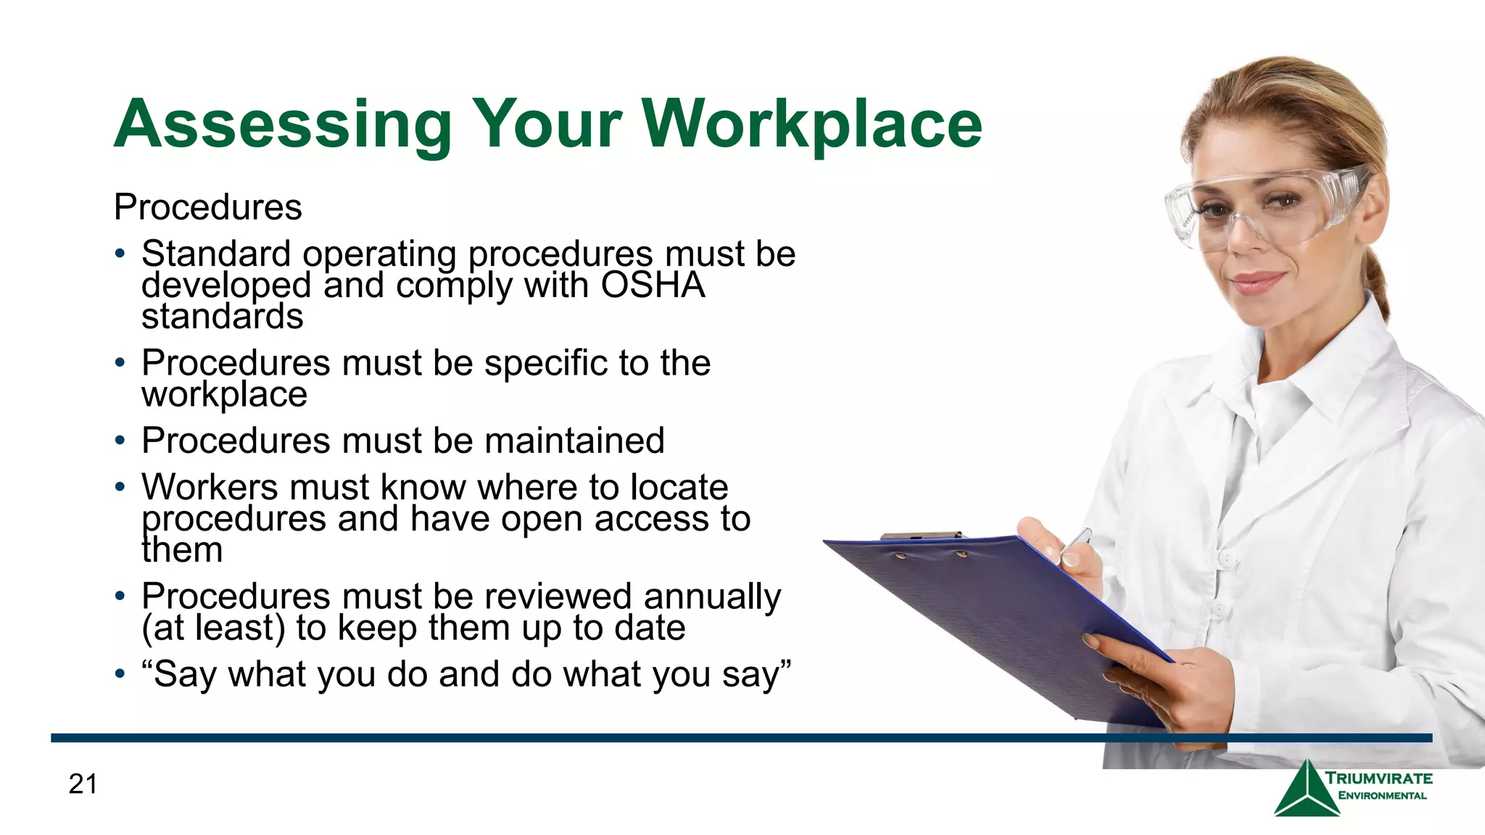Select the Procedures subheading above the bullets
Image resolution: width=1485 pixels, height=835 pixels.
click(207, 207)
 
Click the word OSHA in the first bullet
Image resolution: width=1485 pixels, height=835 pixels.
click(653, 285)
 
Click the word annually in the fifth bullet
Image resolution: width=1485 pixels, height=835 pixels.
click(711, 597)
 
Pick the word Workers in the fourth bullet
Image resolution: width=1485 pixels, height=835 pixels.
click(210, 487)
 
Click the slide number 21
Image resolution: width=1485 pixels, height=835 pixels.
click(83, 784)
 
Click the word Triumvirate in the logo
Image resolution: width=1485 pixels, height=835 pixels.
click(1379, 778)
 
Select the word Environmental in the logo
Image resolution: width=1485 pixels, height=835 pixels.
click(1382, 796)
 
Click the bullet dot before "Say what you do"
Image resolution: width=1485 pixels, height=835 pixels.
click(120, 675)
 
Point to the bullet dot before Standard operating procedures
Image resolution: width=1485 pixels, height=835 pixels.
click(120, 254)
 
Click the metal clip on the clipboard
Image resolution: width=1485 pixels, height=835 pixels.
click(921, 536)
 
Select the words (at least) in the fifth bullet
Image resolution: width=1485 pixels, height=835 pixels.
click(213, 628)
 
